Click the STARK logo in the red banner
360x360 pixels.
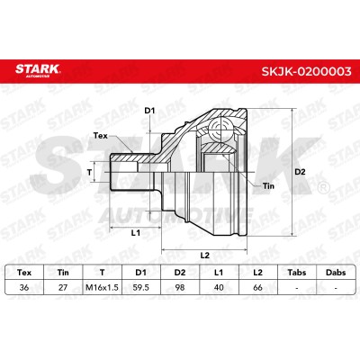pos(38,70)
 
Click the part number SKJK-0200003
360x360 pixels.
pos(306,72)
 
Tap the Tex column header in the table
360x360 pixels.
pos(24,273)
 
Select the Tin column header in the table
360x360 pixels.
pos(63,273)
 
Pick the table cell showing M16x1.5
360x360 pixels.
pos(102,287)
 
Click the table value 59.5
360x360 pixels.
pos(140,287)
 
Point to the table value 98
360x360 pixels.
pos(180,287)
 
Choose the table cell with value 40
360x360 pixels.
pos(219,287)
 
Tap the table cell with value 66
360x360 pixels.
pos(257,287)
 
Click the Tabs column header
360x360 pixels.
pos(297,273)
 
